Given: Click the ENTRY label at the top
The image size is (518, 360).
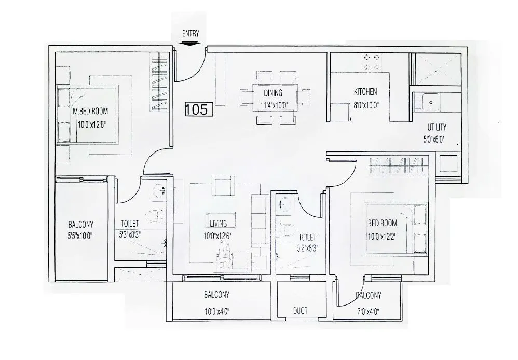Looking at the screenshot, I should [191, 34].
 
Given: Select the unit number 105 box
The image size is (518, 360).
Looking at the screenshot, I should [197, 109].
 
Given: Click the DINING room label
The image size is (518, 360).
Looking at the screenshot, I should [272, 93].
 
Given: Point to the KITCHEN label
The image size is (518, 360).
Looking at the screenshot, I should [365, 92].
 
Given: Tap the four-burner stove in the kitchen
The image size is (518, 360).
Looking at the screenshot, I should [372, 62].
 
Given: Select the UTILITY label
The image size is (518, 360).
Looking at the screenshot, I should [437, 127].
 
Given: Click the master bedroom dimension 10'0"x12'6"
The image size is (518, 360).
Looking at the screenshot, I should [92, 124].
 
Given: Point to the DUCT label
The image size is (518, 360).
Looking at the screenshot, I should [299, 311].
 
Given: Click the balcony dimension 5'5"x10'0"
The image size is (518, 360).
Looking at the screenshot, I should [80, 236].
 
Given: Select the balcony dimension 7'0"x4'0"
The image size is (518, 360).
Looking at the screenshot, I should [369, 312].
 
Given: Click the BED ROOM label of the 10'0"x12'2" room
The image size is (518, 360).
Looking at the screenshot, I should [382, 223].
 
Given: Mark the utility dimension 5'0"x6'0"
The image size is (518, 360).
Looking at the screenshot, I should [436, 139].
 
